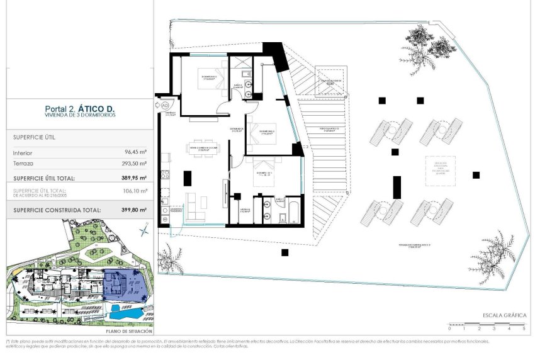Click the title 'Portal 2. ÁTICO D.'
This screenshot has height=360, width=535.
79,108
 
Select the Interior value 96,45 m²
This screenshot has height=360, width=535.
135,152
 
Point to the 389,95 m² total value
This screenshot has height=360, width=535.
133,177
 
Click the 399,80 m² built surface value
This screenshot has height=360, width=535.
133,210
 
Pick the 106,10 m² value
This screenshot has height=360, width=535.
135,190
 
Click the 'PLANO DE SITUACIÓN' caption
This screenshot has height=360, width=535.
129,330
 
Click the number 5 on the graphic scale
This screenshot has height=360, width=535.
524,329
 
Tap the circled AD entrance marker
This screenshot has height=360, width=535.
166,105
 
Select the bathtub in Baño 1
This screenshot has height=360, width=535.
293,211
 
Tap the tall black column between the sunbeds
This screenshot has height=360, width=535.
397,188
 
